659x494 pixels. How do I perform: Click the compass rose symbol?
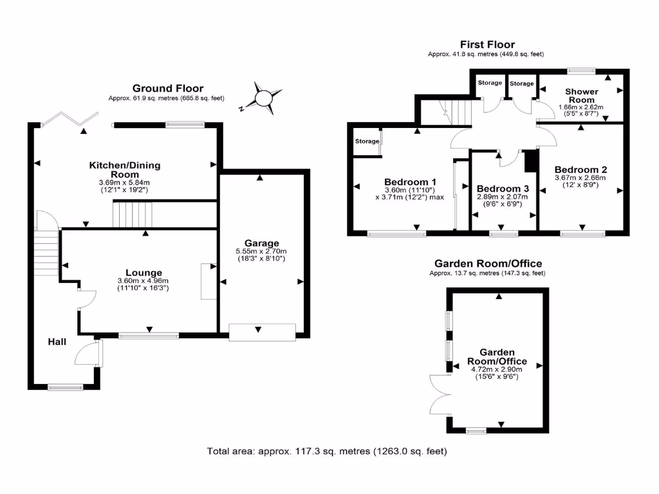click(263, 98)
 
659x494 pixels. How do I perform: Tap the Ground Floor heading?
click(167, 88)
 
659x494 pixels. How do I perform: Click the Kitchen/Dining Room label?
click(125, 170)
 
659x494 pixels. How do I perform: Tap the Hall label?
click(57, 342)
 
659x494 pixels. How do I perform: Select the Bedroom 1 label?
click(410, 181)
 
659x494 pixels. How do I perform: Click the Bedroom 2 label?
click(581, 170)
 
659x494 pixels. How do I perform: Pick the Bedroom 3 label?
click(503, 188)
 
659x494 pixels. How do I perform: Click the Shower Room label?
click(582, 96)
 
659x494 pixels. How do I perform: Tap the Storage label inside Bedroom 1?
click(367, 142)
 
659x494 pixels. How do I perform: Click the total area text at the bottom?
click(326, 451)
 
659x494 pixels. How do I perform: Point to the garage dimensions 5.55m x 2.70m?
click(261, 252)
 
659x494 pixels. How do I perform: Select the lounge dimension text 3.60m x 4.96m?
click(143, 281)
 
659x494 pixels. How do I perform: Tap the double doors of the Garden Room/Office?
click(440, 394)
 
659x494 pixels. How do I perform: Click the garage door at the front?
click(263, 331)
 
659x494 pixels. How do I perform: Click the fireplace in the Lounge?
click(208, 281)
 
